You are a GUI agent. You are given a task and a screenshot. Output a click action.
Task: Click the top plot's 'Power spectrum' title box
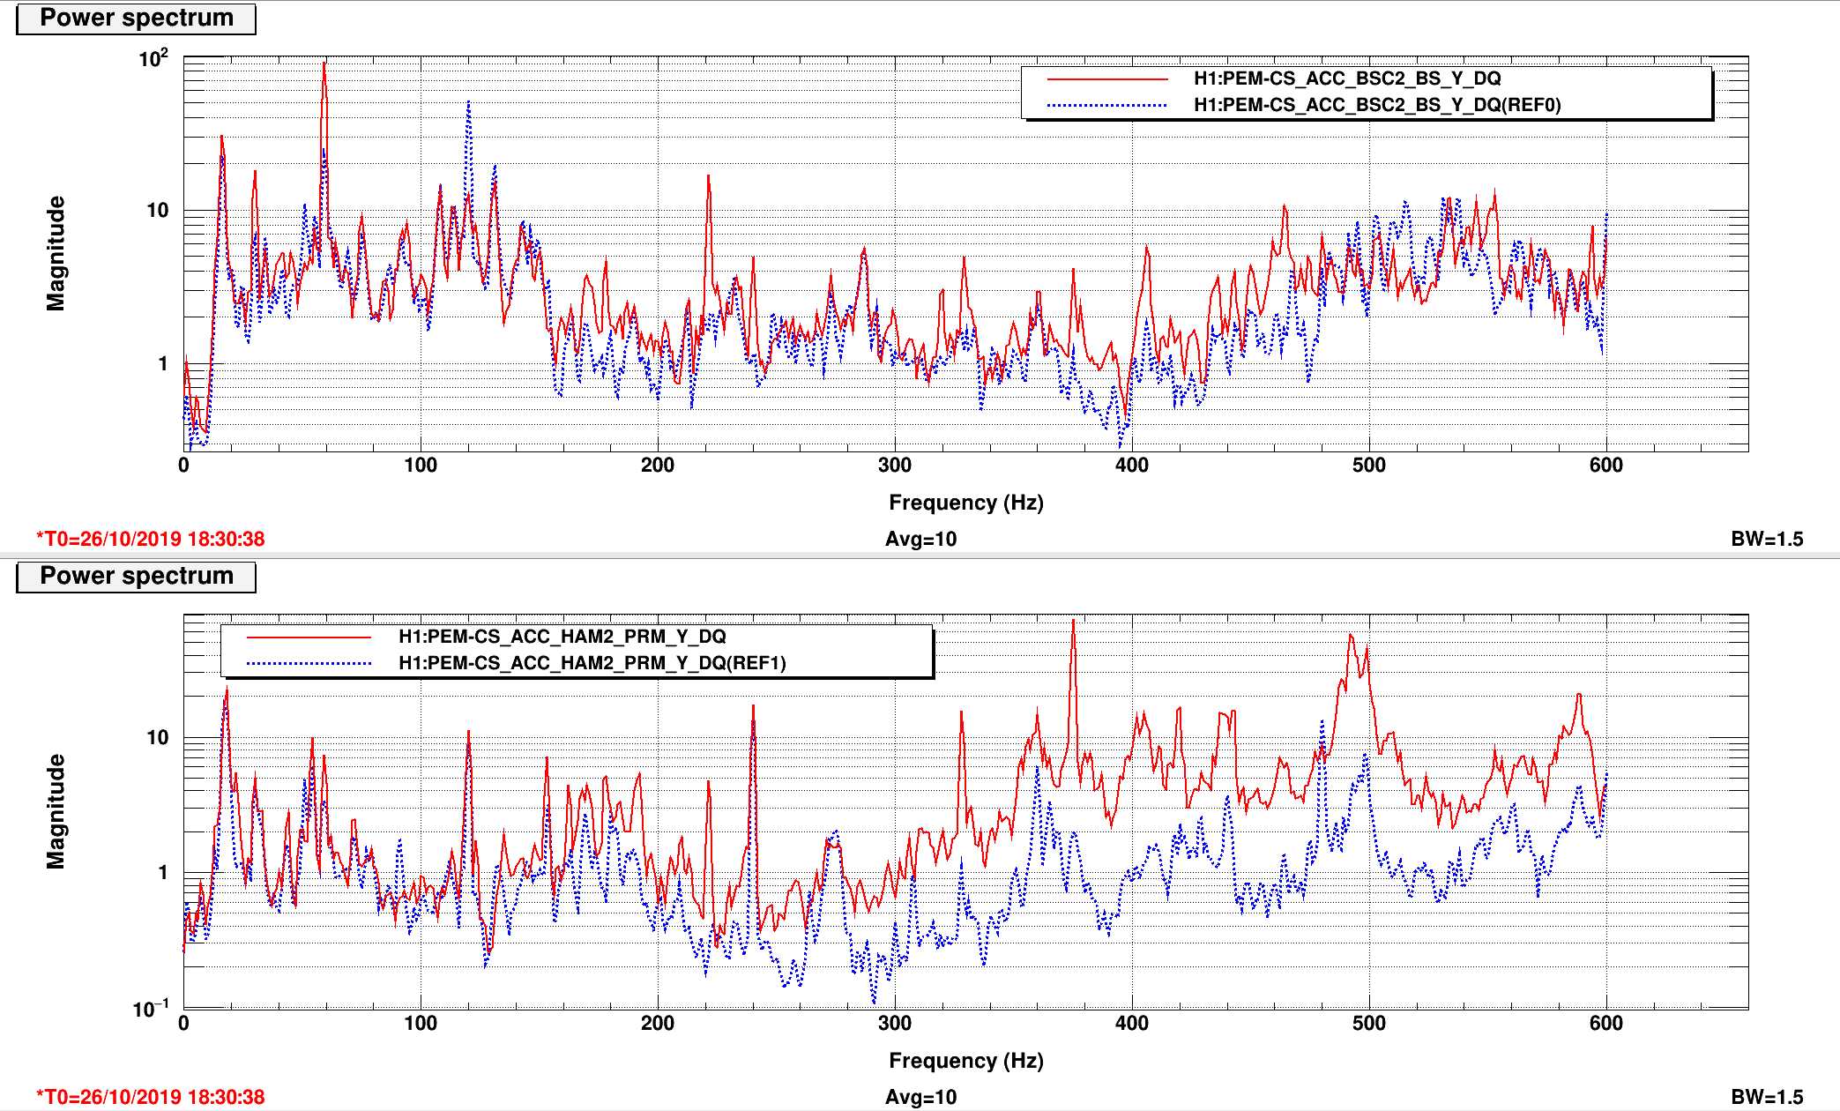(x=137, y=19)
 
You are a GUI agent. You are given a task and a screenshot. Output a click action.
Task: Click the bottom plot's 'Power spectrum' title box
(x=137, y=577)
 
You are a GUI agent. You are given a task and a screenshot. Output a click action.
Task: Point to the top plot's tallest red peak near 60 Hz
(x=324, y=63)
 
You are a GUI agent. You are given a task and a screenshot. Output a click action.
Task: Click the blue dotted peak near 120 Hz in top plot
(x=468, y=102)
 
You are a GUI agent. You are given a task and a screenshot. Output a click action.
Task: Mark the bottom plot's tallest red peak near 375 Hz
(x=1073, y=620)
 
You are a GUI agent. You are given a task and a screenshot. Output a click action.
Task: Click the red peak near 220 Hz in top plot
(x=707, y=176)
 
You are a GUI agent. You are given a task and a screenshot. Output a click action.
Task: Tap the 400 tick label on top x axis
(x=1132, y=466)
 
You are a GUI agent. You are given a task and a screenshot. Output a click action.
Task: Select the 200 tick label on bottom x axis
(x=658, y=1024)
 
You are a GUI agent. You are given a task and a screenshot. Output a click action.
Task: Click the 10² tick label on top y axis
(x=153, y=58)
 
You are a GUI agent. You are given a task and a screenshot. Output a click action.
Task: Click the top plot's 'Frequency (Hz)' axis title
(x=965, y=503)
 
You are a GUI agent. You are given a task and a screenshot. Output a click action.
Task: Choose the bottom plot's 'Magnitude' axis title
(x=56, y=811)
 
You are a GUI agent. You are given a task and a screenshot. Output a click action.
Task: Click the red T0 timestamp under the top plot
(x=151, y=539)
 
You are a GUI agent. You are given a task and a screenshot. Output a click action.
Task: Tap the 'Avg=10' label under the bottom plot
(x=920, y=1097)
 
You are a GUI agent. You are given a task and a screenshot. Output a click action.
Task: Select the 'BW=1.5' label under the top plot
(x=1767, y=539)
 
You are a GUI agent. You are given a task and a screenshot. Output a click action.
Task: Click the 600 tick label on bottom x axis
(x=1606, y=1024)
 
